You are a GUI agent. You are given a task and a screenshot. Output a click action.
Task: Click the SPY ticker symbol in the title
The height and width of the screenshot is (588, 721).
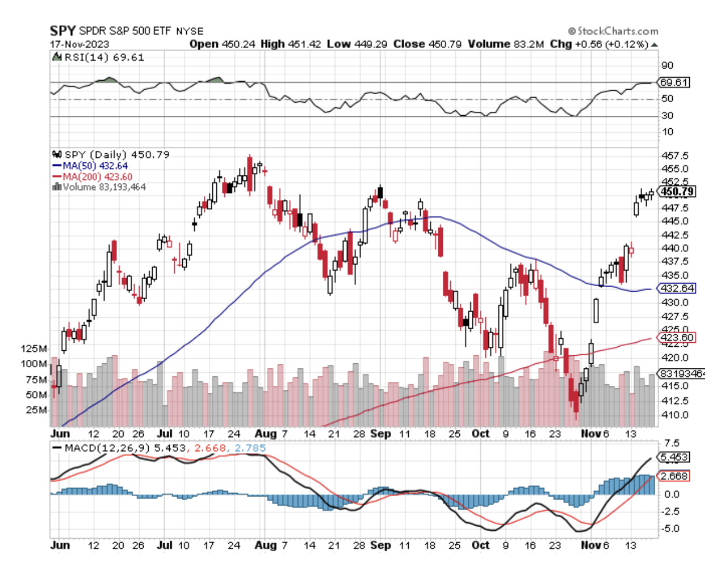pos(62,31)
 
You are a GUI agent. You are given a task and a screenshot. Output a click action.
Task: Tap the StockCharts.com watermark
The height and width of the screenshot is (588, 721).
pos(614,31)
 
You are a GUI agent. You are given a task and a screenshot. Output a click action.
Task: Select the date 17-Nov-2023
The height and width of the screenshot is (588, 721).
pos(79,44)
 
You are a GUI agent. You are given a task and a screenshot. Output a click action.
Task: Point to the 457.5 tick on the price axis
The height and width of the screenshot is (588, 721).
pos(675,156)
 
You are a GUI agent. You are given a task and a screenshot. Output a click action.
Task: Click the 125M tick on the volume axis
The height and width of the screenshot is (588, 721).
pos(35,348)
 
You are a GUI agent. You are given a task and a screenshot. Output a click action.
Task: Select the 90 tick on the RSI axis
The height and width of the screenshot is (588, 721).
pos(667,66)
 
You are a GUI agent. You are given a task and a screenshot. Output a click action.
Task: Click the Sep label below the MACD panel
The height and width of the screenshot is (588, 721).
pos(380,545)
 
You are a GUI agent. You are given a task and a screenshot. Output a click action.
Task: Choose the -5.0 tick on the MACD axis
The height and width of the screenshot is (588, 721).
pos(671,528)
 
